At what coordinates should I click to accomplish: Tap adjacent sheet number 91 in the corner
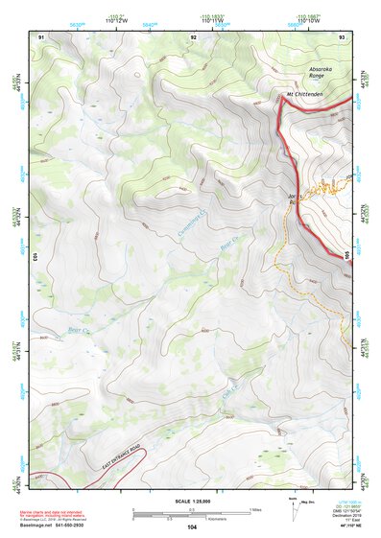41,36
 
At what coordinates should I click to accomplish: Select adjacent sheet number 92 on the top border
194,36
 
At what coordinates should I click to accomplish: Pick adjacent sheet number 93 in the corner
343,36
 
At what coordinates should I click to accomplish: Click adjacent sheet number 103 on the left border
34,257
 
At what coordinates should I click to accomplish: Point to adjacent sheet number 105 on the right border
347,253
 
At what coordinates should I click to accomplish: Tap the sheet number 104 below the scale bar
192,526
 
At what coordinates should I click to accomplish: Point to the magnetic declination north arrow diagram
292,508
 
